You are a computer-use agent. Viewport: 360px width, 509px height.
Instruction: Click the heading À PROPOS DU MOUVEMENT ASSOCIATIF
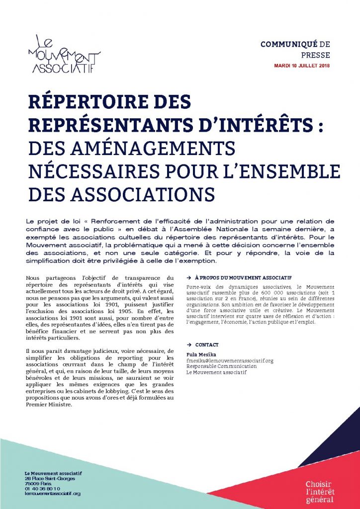(x=242, y=277)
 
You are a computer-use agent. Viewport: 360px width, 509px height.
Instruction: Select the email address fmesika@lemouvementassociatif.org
(x=230, y=360)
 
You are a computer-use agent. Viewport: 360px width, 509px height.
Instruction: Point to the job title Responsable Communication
(x=219, y=366)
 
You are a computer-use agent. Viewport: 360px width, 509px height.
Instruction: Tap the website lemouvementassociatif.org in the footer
(x=52, y=494)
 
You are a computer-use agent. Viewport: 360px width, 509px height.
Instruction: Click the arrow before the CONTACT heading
(x=189, y=344)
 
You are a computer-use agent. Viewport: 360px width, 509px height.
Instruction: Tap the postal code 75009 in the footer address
(x=32, y=483)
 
